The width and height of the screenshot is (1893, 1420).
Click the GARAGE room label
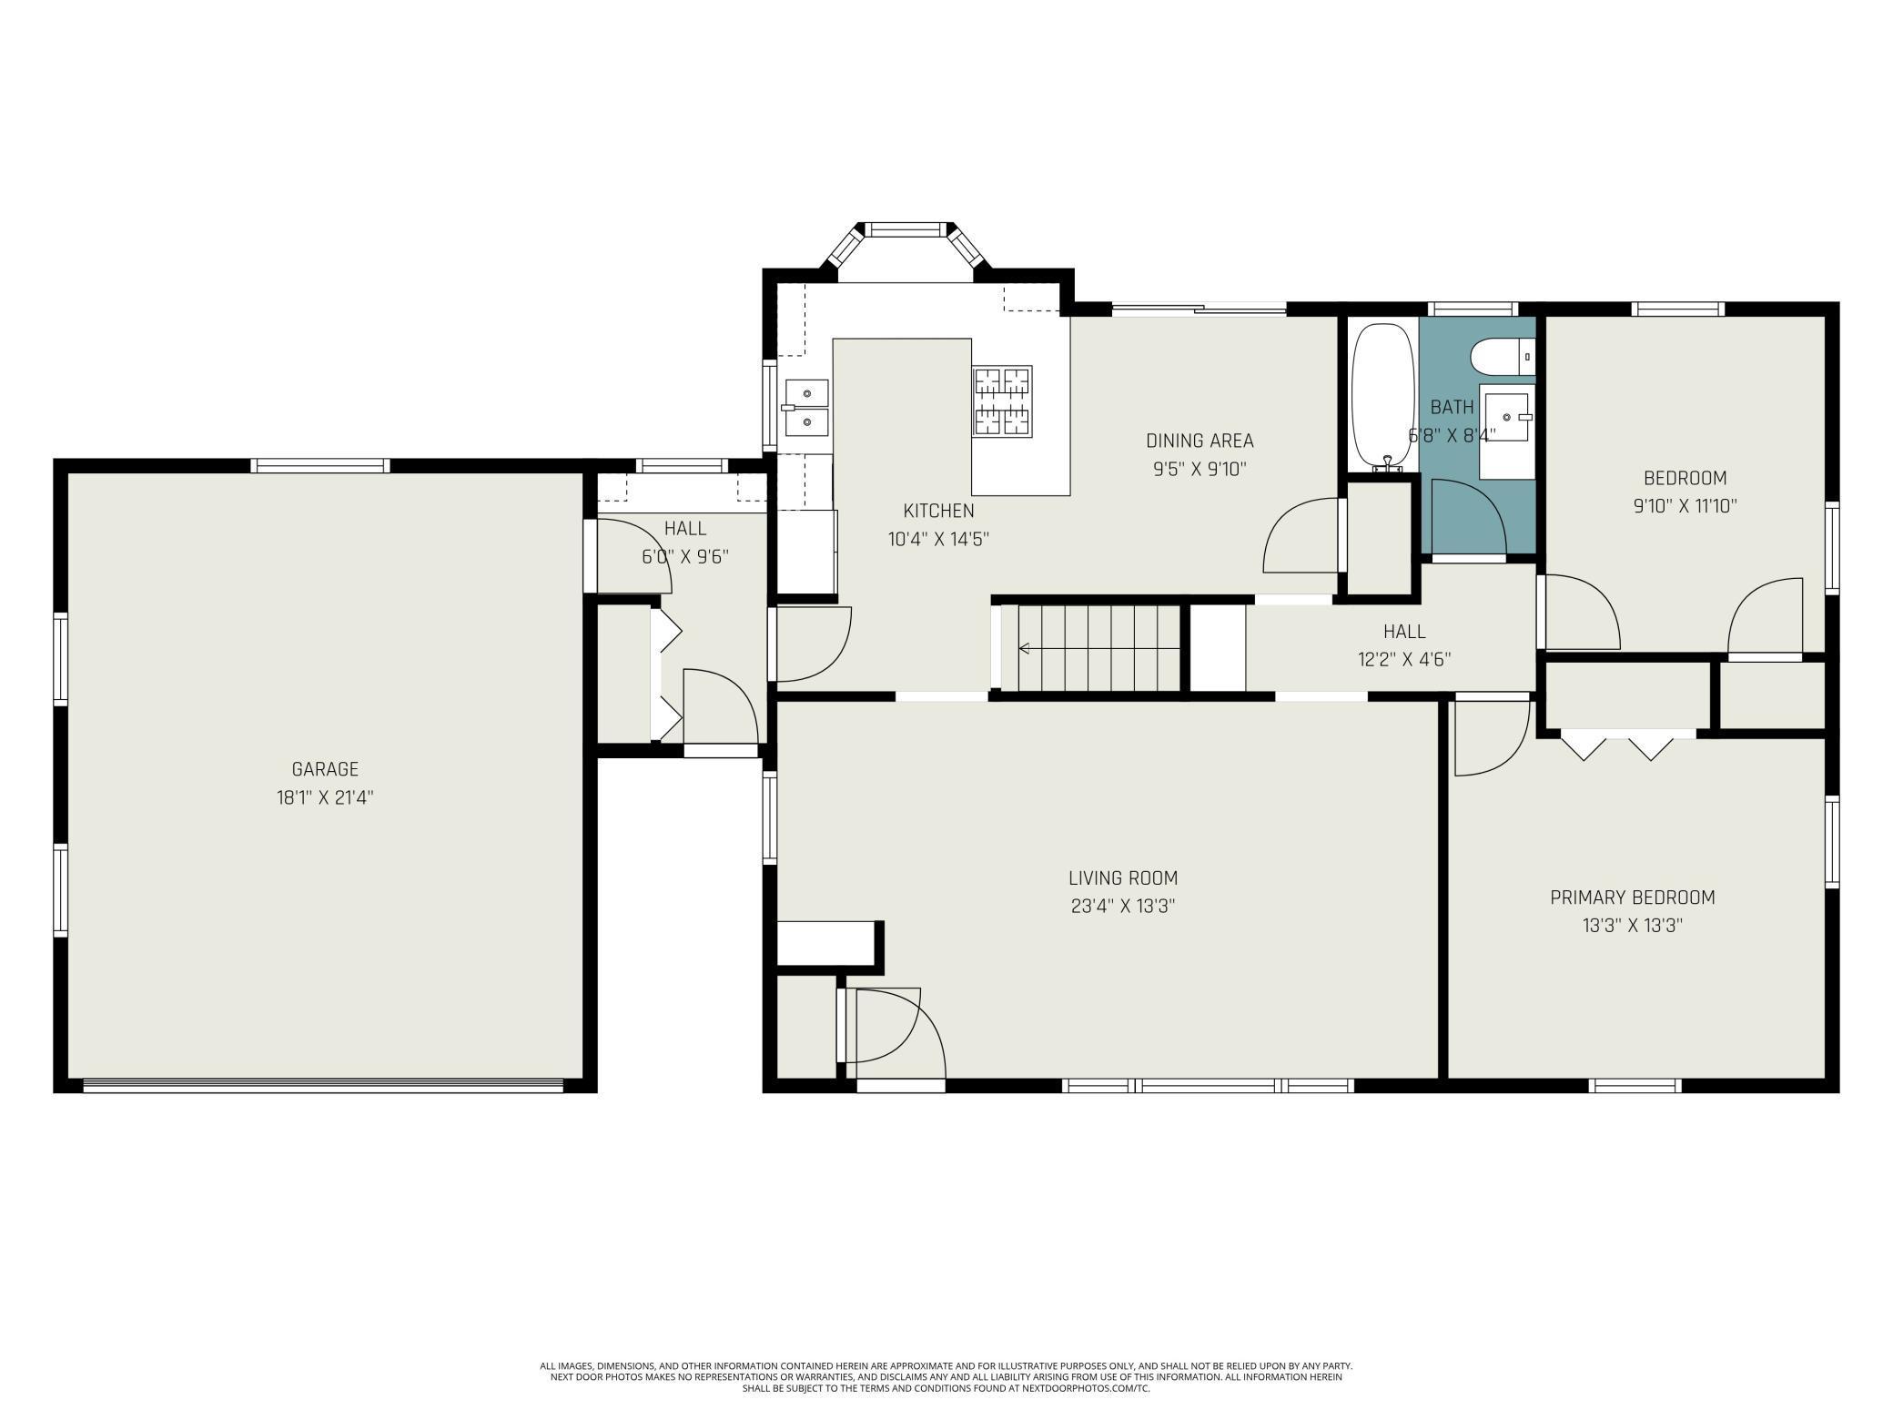click(x=325, y=769)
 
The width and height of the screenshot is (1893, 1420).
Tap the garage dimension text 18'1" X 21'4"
click(x=325, y=798)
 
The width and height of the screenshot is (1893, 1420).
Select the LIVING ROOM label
click(x=1123, y=878)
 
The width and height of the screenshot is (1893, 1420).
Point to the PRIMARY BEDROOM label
click(x=1633, y=898)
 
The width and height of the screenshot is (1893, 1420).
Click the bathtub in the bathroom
click(x=1383, y=398)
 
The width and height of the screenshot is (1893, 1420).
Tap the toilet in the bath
click(x=1503, y=355)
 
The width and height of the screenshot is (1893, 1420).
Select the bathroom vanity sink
click(x=1507, y=417)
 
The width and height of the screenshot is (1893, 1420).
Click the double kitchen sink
click(x=806, y=409)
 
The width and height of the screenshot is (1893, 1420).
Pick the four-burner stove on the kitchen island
click(x=1001, y=401)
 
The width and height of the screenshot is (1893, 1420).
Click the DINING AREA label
click(x=1200, y=441)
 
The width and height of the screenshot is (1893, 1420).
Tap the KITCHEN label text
click(x=938, y=511)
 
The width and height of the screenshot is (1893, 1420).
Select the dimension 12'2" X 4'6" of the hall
click(x=1404, y=659)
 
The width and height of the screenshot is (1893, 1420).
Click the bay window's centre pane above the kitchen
click(x=906, y=229)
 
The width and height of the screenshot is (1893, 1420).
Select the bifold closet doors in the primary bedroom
click(x=1616, y=744)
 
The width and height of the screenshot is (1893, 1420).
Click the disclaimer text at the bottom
click(x=946, y=1377)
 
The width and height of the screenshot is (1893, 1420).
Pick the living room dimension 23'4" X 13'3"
click(x=1123, y=907)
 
